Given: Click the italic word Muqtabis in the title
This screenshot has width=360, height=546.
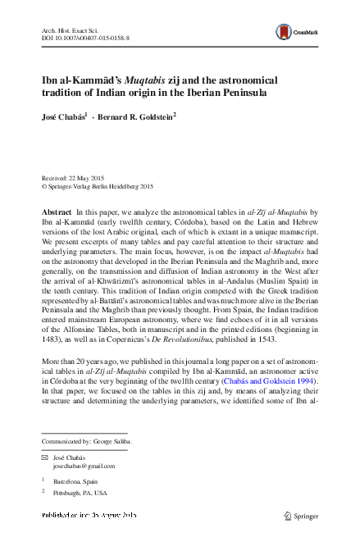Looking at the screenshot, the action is tap(142, 80).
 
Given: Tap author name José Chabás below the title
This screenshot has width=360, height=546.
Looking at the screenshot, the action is tap(68, 117).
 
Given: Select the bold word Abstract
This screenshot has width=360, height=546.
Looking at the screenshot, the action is tap(57, 212).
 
